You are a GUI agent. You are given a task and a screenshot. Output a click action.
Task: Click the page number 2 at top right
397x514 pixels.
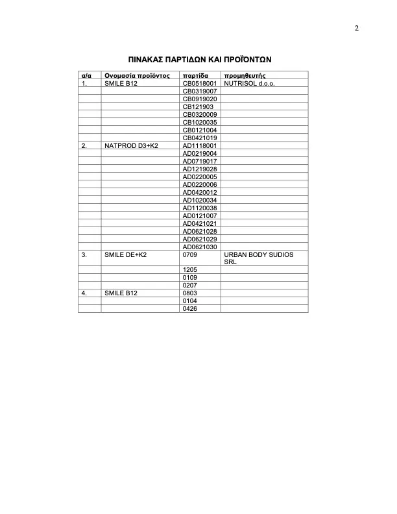[356, 28]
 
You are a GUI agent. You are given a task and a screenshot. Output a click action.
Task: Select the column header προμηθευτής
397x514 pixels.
[245, 76]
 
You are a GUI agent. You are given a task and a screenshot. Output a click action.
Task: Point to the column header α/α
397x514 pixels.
[85, 76]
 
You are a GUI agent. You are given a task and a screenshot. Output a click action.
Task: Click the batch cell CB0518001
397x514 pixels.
[200, 84]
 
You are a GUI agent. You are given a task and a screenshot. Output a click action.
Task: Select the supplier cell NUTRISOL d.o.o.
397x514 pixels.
[250, 84]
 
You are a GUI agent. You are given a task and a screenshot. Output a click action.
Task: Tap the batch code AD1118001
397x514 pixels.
[200, 145]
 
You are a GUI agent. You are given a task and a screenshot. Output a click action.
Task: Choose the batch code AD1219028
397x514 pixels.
[200, 169]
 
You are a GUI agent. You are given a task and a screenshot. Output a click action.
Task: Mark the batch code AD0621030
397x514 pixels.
[200, 246]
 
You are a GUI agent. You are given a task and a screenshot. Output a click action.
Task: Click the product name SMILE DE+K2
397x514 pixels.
[126, 254]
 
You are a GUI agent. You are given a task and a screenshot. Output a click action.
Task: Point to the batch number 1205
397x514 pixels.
[190, 269]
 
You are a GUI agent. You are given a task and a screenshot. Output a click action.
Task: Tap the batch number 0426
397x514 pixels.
[190, 308]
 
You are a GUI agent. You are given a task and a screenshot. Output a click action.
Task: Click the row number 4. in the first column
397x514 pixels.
[84, 293]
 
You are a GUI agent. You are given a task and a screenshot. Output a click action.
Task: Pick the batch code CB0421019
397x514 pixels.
[200, 138]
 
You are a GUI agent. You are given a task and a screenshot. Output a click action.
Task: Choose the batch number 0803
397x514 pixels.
[190, 293]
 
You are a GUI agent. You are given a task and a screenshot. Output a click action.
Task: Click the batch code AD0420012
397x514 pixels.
[200, 192]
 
